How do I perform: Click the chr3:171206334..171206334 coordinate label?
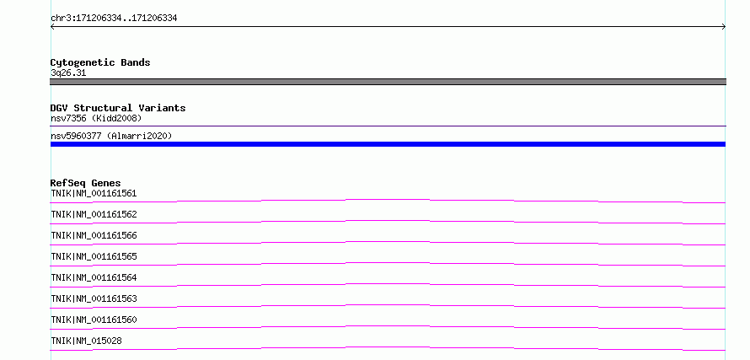(x=114, y=19)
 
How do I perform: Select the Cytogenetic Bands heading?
(x=100, y=62)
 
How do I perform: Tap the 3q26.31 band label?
(x=68, y=73)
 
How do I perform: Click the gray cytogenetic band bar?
(x=388, y=82)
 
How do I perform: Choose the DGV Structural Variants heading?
(x=118, y=108)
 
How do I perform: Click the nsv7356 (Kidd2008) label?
(x=96, y=118)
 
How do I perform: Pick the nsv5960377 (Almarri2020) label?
(x=111, y=136)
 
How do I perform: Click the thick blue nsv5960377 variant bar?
(x=388, y=144)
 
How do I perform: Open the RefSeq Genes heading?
(x=86, y=183)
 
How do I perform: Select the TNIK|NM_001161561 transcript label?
(x=94, y=193)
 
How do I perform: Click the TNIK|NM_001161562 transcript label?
(x=94, y=214)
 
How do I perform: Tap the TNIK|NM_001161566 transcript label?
(x=94, y=235)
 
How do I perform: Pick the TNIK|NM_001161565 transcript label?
(x=94, y=256)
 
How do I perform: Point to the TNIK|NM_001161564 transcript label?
(x=94, y=277)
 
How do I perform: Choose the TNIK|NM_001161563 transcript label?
(x=94, y=298)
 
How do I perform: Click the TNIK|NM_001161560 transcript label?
(x=94, y=320)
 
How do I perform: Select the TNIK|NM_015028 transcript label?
(x=86, y=341)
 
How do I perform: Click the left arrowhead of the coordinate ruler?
(x=51, y=27)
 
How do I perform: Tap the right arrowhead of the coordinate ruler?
(x=725, y=27)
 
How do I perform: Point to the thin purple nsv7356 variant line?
(x=388, y=126)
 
